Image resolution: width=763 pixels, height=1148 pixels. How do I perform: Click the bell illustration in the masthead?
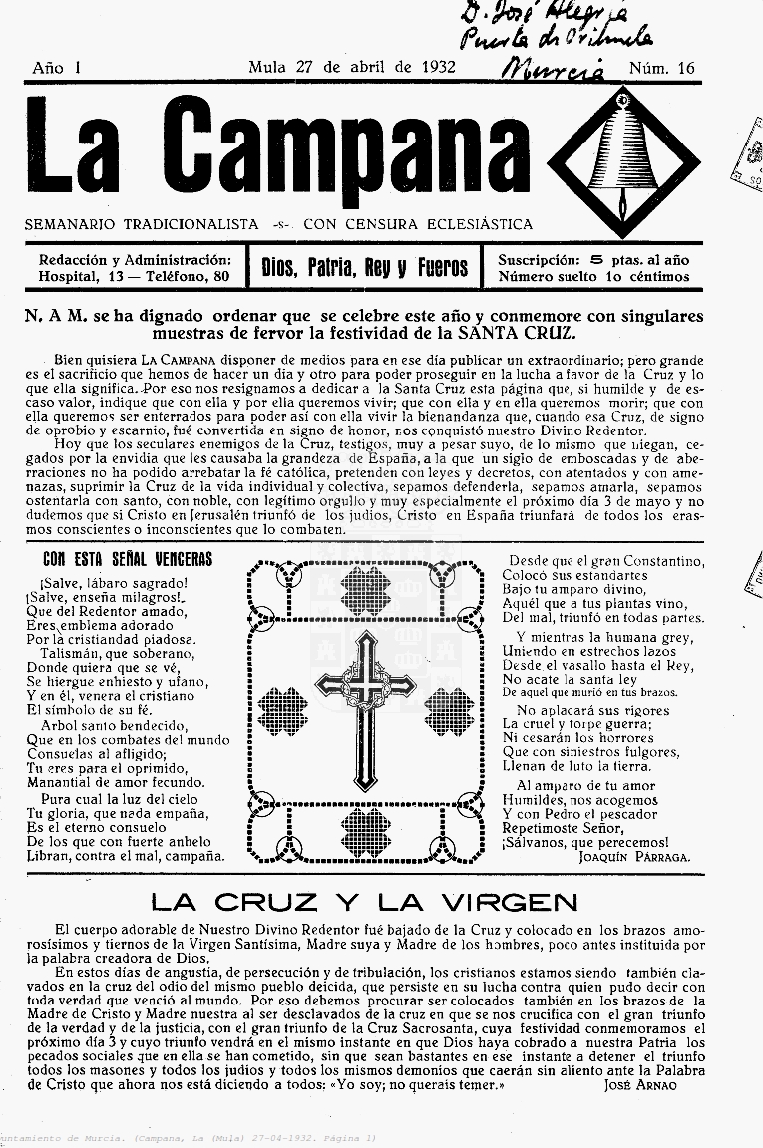[624, 148]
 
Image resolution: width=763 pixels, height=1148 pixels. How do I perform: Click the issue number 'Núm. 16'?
[661, 68]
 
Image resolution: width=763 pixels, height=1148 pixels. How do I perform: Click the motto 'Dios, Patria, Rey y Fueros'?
[364, 267]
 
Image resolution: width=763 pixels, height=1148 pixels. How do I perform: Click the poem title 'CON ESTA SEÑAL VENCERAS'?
[128, 559]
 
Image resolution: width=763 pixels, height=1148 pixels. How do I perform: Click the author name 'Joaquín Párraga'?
[634, 855]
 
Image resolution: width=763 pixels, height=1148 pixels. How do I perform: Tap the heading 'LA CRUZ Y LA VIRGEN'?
[364, 904]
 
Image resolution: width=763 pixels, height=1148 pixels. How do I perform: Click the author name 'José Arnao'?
[639, 1084]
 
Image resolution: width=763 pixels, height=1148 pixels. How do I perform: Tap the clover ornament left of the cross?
[282, 711]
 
